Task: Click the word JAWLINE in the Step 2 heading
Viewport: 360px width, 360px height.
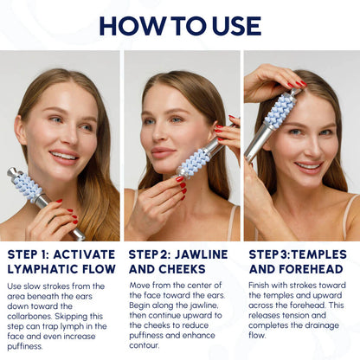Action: pyautogui.click(x=201, y=254)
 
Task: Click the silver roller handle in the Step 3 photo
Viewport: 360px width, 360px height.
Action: pyautogui.click(x=258, y=144)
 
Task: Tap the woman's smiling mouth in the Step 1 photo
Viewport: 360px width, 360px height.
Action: pyautogui.click(x=62, y=157)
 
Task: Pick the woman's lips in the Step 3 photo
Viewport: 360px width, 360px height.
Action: pyautogui.click(x=308, y=165)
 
